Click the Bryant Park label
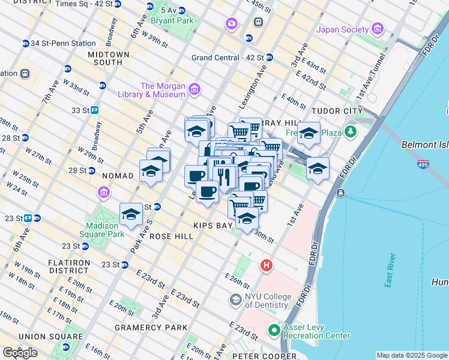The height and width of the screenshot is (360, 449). coord(172,20)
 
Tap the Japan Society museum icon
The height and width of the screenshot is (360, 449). coord(378,28)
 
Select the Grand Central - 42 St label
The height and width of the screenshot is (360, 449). coord(228,58)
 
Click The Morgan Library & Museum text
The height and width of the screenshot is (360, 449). coord(163,90)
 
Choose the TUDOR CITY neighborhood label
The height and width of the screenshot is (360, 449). coord(336,111)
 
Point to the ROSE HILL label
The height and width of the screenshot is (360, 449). coord(171,236)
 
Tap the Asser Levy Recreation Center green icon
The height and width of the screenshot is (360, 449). coord(274,330)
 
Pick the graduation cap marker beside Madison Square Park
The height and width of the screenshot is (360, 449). coord(131,214)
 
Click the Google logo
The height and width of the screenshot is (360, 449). coord(20,353)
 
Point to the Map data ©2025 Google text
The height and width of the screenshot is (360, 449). coord(412,355)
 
